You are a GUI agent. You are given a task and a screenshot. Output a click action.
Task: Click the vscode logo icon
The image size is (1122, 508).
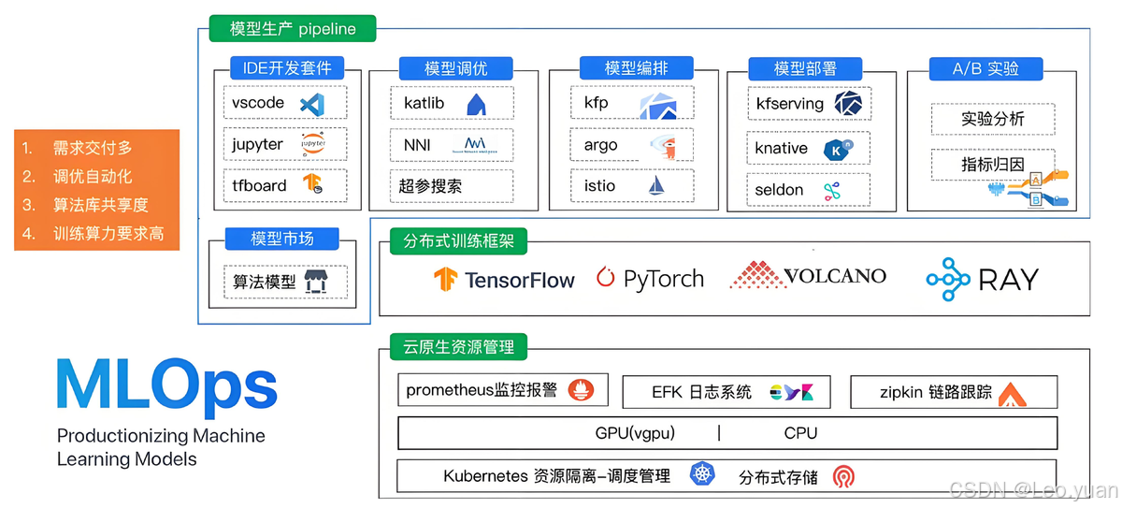coord(311,104)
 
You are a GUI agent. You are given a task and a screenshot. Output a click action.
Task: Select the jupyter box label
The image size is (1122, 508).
coord(257,144)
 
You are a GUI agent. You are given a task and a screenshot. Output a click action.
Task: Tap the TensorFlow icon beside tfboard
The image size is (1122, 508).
coord(312,184)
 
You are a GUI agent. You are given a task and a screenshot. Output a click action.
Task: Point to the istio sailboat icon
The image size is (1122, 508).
coord(657,185)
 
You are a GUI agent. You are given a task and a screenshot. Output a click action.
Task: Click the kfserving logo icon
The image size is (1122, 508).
coord(849,104)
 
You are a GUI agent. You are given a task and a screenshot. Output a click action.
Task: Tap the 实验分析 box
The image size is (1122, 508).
coord(992,119)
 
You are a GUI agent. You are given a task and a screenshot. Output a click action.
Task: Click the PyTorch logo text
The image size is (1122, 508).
coord(650,279)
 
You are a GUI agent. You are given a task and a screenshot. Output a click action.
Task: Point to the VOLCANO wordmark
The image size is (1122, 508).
coord(808,276)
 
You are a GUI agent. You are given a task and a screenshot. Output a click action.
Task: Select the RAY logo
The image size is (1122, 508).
coord(982,279)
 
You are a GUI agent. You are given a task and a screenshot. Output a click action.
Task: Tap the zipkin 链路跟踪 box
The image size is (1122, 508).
coord(953,393)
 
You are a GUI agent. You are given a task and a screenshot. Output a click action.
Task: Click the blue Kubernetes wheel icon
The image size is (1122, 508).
coord(701,474)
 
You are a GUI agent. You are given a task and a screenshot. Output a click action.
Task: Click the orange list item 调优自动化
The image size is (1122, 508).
coord(92,176)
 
